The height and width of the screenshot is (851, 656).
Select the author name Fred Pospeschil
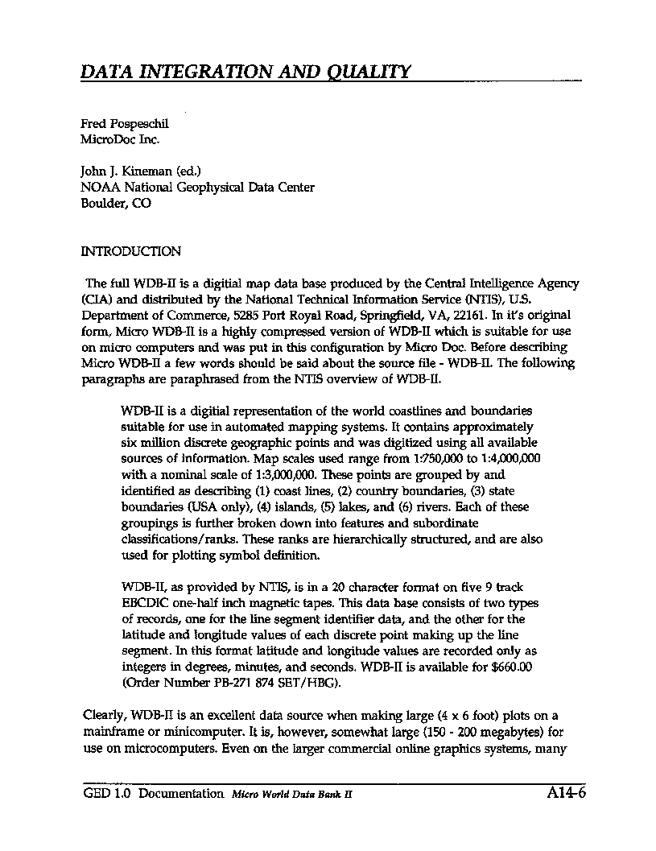point(125,124)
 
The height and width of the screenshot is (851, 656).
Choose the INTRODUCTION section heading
point(131,251)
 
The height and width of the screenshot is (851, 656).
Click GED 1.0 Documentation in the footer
point(153,794)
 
